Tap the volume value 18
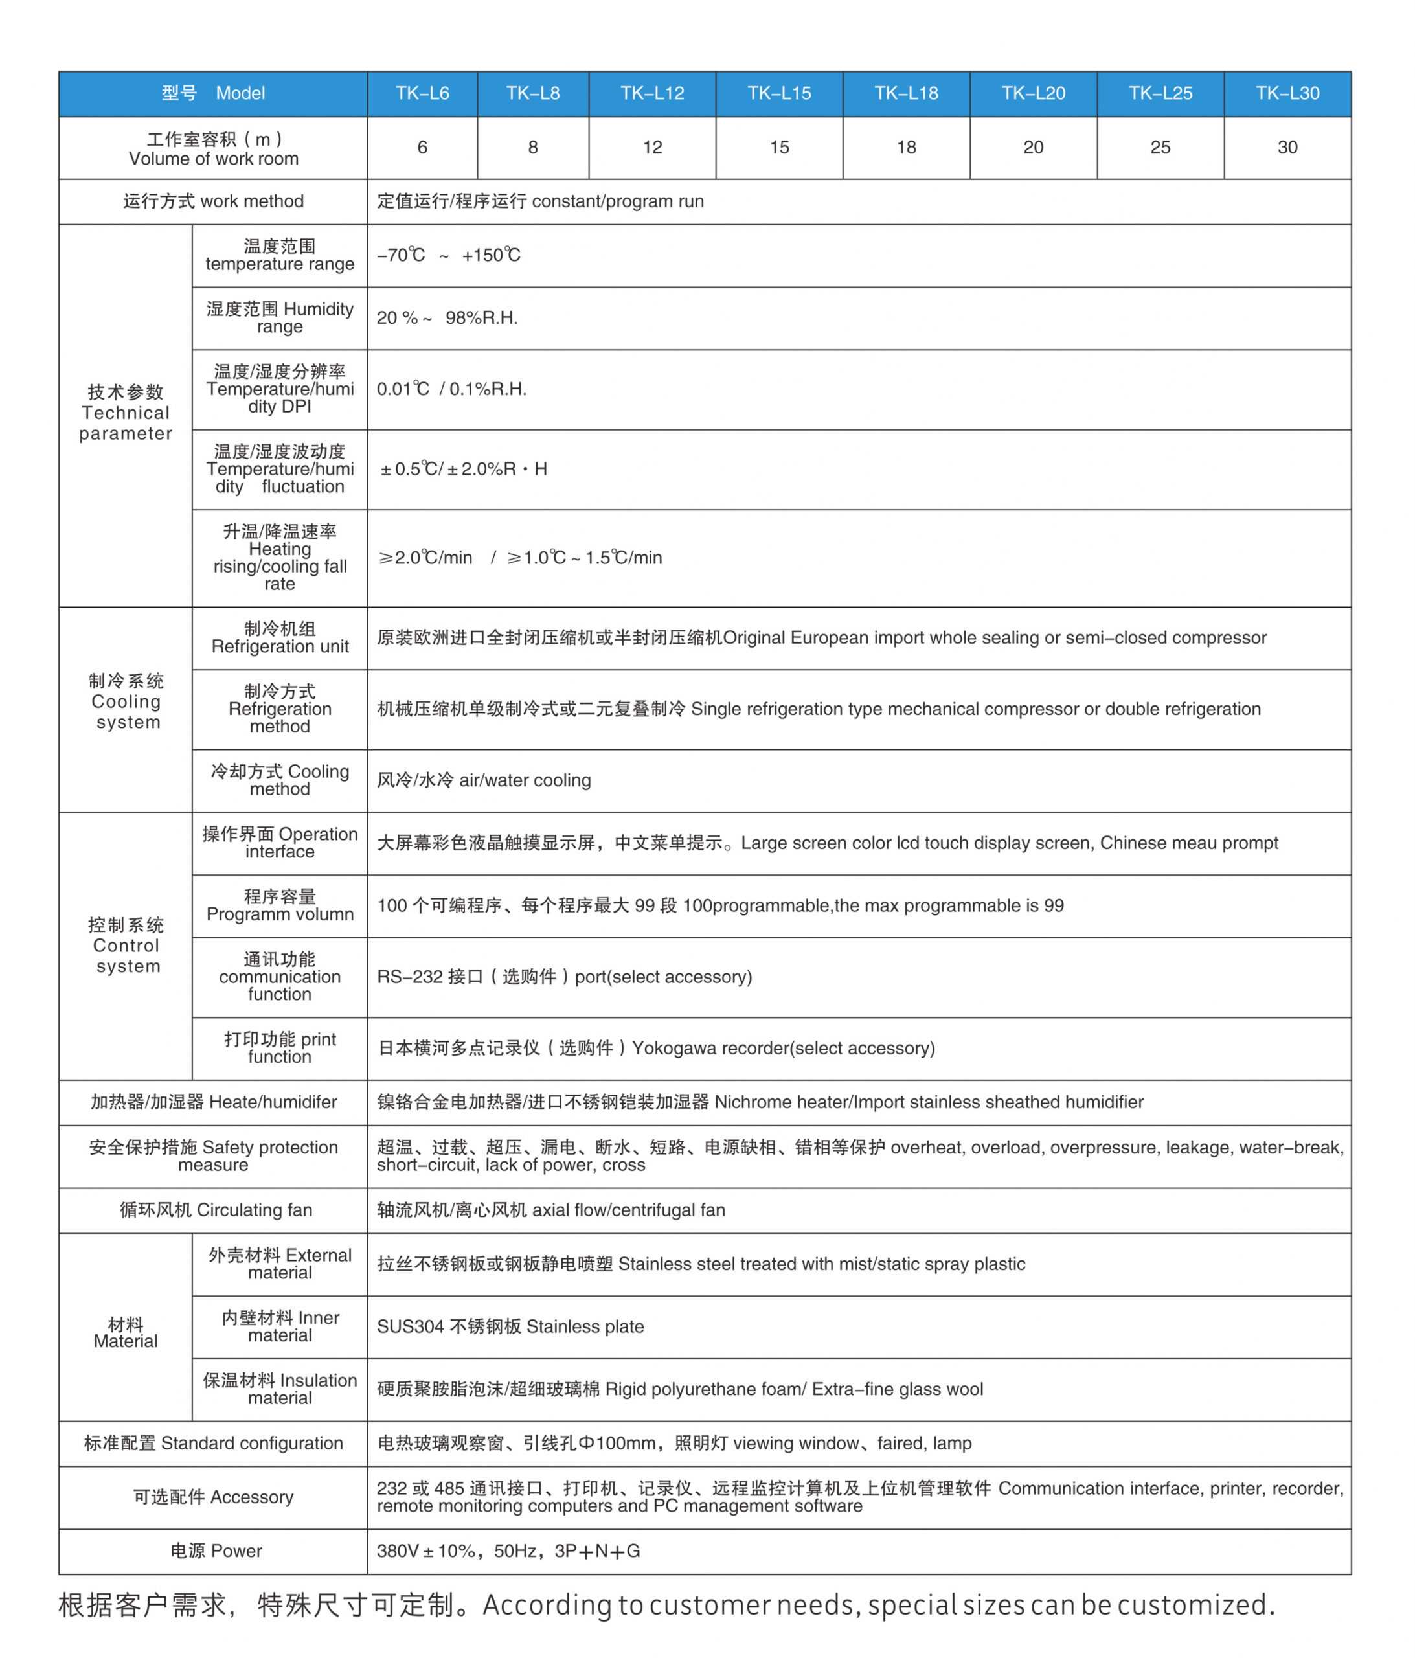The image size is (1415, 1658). coord(906,147)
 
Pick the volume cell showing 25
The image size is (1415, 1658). coord(1160,147)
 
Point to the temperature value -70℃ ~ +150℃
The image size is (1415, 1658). coord(448,255)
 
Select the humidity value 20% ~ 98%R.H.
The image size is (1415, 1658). coord(447,318)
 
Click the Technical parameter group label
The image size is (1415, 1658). coord(126,413)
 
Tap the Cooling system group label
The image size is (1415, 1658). coord(126,702)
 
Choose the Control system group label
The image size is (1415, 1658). coord(126,946)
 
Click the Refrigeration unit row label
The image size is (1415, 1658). coord(279,638)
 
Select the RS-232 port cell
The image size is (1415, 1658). coord(564,977)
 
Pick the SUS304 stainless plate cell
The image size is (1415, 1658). coord(510,1326)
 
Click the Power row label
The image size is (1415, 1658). coord(216,1550)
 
